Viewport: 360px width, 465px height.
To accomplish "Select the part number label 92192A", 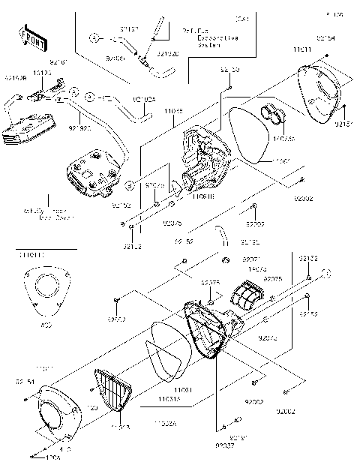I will (x=144, y=98).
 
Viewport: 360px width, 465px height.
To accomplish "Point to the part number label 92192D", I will (x=167, y=54).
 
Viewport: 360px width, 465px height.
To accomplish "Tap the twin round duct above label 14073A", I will (x=273, y=116).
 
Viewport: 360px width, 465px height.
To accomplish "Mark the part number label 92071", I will (x=250, y=259).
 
